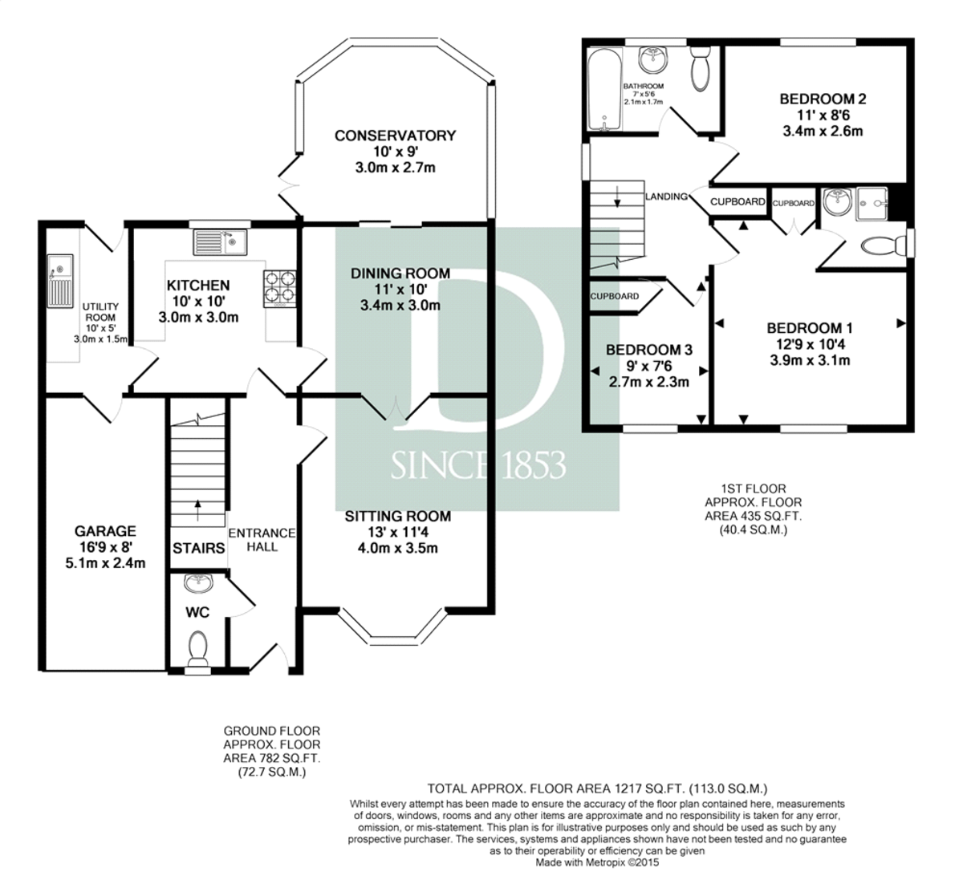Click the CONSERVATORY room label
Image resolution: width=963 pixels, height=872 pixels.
tap(395, 136)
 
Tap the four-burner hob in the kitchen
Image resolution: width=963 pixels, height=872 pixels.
tap(279, 289)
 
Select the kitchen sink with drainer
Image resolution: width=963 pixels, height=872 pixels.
tap(221, 242)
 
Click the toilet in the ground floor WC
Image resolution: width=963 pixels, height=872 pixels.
tap(197, 649)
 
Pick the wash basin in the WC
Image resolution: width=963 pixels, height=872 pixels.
tap(197, 583)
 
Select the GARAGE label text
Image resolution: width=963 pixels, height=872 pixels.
tap(105, 531)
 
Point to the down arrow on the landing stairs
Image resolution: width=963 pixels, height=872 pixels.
tap(617, 196)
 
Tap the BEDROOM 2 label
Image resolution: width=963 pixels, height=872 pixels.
tap(823, 99)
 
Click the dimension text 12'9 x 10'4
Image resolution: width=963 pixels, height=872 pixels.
tap(810, 344)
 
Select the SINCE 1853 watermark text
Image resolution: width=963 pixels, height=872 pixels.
tap(478, 465)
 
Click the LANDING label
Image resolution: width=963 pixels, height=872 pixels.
tap(666, 197)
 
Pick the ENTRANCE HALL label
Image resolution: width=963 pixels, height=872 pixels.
tap(262, 540)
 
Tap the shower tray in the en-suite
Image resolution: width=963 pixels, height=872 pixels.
tap(872, 205)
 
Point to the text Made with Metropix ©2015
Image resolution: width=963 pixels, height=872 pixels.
tap(597, 862)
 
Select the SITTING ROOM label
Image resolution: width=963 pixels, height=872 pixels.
tap(398, 517)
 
